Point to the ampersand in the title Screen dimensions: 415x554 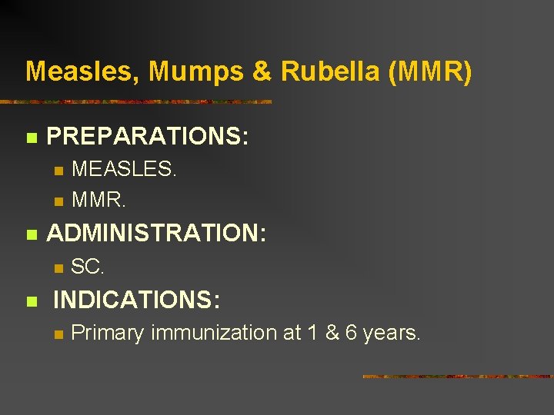click(262, 71)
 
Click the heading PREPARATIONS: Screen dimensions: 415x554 click(148, 137)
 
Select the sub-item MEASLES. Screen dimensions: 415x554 click(124, 169)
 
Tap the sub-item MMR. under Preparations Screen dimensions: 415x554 click(98, 200)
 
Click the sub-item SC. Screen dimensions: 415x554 click(88, 267)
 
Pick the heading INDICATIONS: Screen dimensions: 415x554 click(136, 300)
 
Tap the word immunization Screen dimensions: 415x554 click(222, 334)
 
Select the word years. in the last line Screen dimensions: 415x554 click(392, 334)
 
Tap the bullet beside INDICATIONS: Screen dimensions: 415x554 click(31, 302)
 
